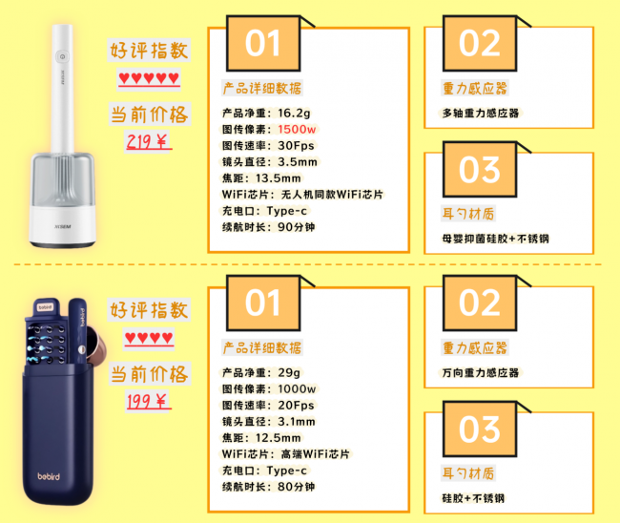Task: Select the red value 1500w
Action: [297, 130]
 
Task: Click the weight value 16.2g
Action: [294, 114]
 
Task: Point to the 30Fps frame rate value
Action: [296, 146]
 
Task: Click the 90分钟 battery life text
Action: [296, 227]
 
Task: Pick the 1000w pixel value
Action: [297, 389]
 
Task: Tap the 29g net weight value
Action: [289, 372]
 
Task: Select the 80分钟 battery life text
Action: [296, 487]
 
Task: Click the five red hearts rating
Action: [149, 78]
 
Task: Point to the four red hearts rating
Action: [149, 338]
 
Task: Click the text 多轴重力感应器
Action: [481, 114]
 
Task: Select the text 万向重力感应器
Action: [481, 372]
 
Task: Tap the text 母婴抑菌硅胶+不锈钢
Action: [495, 239]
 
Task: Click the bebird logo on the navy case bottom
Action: [49, 476]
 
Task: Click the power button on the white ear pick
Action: [62, 56]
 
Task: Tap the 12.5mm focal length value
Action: [278, 438]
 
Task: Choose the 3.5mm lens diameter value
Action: [298, 162]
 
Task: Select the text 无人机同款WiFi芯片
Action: [332, 195]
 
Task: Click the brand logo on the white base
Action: [62, 227]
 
